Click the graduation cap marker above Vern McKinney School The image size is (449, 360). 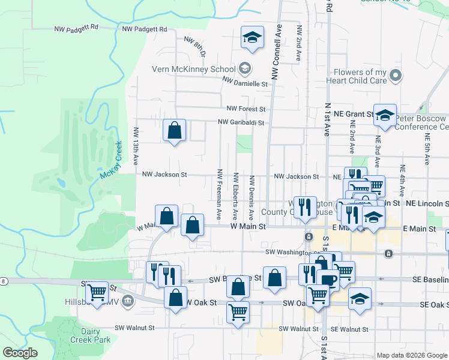click(x=252, y=38)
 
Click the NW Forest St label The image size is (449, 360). click(x=246, y=109)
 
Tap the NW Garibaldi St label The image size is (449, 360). click(x=241, y=122)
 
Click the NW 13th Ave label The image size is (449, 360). click(x=137, y=146)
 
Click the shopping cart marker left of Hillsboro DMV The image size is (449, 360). click(x=96, y=293)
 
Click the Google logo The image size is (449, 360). click(x=20, y=353)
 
